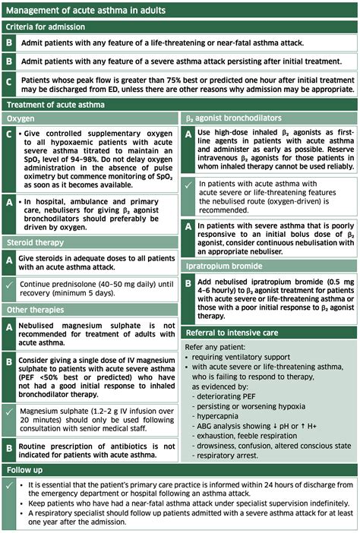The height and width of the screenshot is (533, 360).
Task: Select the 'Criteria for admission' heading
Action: (x=46, y=27)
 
